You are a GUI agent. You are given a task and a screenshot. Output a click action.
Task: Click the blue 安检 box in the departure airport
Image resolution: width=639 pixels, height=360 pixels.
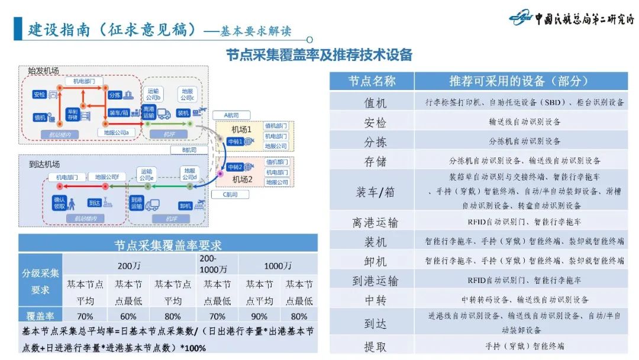(x=40, y=95)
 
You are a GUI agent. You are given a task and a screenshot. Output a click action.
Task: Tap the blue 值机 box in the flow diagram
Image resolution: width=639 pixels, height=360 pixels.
(x=40, y=117)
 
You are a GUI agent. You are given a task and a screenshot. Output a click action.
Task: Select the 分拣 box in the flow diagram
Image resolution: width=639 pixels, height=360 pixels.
(x=115, y=95)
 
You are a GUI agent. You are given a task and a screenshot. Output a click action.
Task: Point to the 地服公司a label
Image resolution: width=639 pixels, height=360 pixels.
(x=120, y=131)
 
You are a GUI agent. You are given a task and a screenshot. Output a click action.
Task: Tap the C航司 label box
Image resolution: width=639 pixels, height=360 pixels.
(x=230, y=194)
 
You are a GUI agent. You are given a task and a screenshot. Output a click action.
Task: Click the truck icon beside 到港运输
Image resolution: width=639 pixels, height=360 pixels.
(x=152, y=204)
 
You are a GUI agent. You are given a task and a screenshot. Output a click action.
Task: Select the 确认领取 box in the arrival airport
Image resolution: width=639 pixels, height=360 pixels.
(x=59, y=203)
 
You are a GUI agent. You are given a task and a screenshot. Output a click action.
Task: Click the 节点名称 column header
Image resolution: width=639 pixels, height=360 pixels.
(x=372, y=81)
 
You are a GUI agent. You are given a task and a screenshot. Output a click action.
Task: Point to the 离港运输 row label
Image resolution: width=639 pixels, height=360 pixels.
(x=375, y=222)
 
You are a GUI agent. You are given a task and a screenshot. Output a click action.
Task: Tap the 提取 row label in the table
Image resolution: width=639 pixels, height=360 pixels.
(x=375, y=346)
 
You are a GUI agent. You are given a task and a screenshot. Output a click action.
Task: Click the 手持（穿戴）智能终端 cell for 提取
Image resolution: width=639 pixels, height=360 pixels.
(x=524, y=346)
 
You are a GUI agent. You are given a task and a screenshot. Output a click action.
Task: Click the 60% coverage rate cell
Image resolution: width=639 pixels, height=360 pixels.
(x=128, y=316)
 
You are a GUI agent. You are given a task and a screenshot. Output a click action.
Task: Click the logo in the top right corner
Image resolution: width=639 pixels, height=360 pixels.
(x=570, y=18)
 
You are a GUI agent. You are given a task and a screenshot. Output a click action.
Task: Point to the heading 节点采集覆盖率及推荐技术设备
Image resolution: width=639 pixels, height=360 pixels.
(x=319, y=55)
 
